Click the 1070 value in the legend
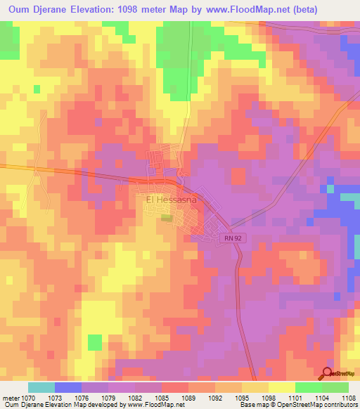pos(27,397)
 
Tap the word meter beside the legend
pos(10,397)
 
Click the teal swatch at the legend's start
pos(41,387)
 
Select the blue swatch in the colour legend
pos(67,387)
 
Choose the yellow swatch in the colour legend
pos(281,387)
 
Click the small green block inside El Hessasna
pos(166,219)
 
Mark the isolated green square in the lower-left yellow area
pos(94,342)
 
